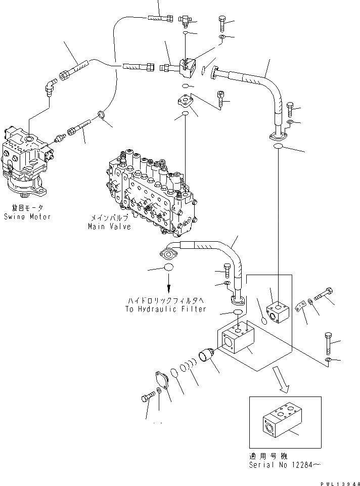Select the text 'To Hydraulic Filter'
coord(165,309)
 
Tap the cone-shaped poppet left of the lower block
coord(207,355)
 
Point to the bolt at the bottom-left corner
coord(147,397)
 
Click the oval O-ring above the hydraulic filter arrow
coord(170,268)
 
